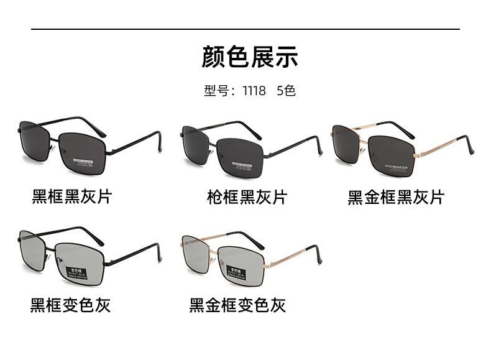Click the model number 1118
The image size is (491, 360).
pos(254,91)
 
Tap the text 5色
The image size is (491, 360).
pos(286,91)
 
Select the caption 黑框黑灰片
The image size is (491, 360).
pos(72,196)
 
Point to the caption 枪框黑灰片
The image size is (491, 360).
pos(247,197)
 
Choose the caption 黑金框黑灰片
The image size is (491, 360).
pos(396,197)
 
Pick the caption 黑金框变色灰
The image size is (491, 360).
pos(237,305)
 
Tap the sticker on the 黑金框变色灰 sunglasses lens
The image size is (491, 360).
pos(235,274)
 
